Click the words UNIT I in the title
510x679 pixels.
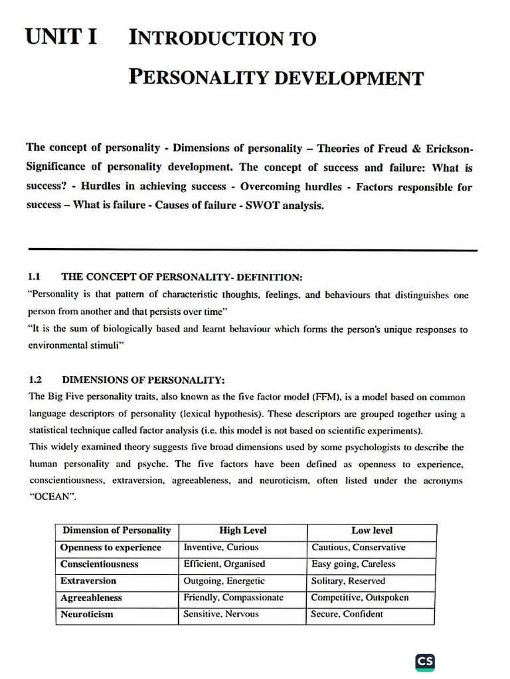click(x=61, y=37)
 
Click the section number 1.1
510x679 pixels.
click(x=35, y=276)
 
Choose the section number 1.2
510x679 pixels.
click(x=35, y=380)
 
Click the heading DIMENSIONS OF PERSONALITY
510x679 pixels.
click(x=143, y=380)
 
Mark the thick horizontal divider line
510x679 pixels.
click(x=252, y=250)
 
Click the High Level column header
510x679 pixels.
click(x=242, y=530)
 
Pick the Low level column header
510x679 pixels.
click(x=371, y=530)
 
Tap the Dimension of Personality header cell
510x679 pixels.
click(x=117, y=530)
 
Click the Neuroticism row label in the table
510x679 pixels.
click(x=87, y=614)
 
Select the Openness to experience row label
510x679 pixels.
click(x=111, y=548)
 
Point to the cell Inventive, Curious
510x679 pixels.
click(x=221, y=548)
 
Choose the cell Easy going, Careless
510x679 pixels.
click(x=353, y=564)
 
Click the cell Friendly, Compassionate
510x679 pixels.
click(x=233, y=597)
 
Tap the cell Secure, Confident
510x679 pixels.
click(x=347, y=614)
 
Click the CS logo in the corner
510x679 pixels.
click(x=425, y=662)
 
